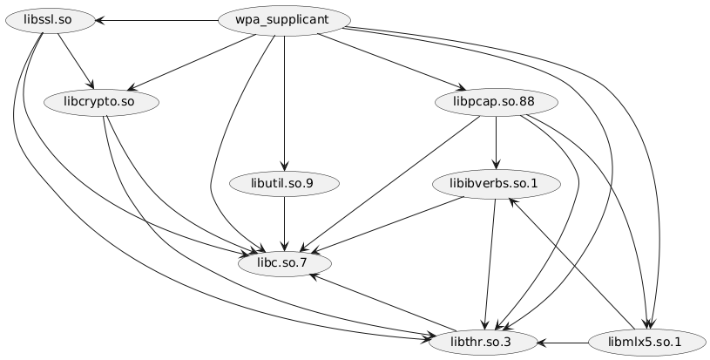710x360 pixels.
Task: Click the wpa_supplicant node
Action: [285, 19]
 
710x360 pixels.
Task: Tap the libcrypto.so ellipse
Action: [98, 102]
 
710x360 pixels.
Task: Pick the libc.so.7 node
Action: [285, 262]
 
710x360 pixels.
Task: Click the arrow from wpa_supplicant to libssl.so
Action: [157, 19]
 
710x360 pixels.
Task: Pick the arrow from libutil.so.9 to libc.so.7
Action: [285, 223]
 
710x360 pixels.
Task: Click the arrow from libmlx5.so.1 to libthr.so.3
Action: [566, 341]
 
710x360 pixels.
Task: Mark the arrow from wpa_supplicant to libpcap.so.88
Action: [392, 61]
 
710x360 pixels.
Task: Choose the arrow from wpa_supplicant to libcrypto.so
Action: [192, 60]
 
